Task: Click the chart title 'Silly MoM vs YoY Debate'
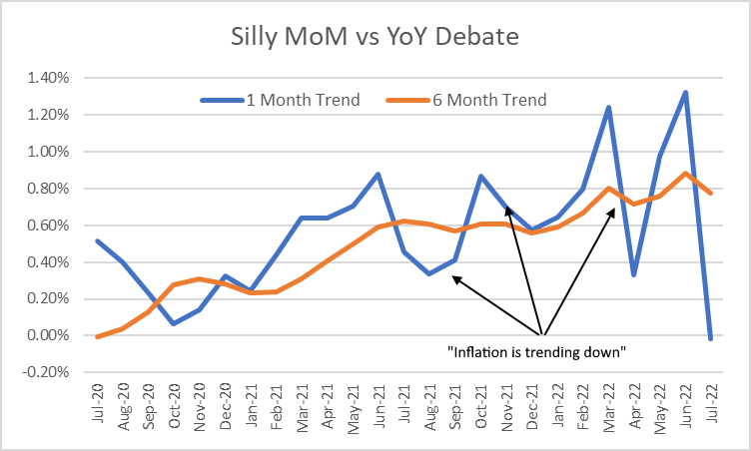point(375,39)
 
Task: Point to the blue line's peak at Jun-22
point(685,93)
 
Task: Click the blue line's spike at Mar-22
point(608,107)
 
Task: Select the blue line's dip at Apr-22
point(634,274)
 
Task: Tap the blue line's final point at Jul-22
point(711,339)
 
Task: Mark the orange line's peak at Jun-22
point(685,174)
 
